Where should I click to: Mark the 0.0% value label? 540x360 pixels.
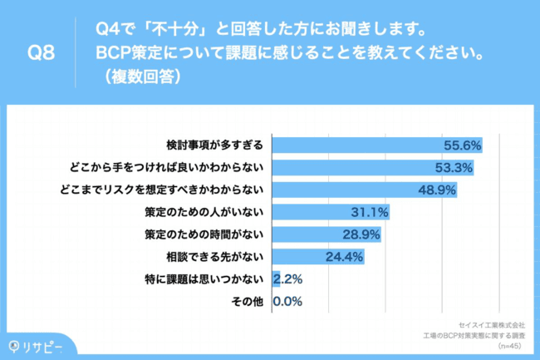(287, 301)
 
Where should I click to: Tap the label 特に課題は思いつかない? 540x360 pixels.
(204, 279)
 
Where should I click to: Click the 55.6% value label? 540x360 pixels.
(464, 144)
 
